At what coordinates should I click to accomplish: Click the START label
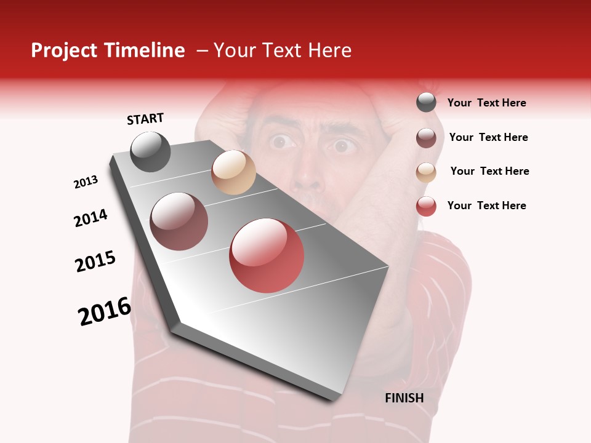click(145, 119)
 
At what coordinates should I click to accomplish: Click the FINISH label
click(404, 398)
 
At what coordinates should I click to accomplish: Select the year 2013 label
click(86, 182)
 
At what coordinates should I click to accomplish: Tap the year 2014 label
click(90, 218)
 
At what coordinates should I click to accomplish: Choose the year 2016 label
click(105, 311)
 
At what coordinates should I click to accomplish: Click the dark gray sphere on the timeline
click(150, 151)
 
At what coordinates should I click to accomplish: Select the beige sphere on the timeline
click(233, 172)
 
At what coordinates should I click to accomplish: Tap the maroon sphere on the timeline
click(179, 221)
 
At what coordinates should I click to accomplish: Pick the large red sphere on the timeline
click(267, 255)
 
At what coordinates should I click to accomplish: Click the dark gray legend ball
click(426, 103)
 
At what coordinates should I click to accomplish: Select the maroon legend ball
click(426, 138)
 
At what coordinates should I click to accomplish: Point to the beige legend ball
click(426, 172)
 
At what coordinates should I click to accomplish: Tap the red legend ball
click(426, 206)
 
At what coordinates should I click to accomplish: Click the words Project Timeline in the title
click(108, 50)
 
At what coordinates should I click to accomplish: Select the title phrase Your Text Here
click(283, 50)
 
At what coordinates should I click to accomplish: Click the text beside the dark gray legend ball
click(486, 103)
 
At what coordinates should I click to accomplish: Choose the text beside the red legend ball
click(486, 206)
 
